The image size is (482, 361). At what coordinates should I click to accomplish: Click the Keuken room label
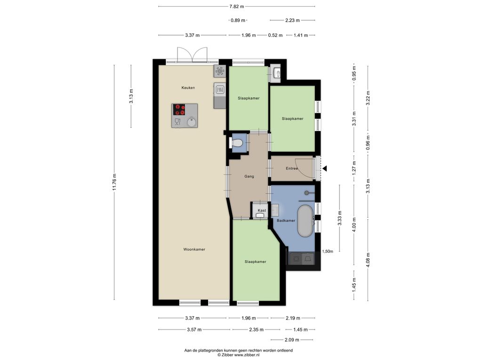(x=188, y=88)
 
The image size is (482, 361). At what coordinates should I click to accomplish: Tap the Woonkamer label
(x=194, y=249)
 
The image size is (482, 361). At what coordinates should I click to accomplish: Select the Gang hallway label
(x=249, y=177)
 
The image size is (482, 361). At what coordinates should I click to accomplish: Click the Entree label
(x=292, y=169)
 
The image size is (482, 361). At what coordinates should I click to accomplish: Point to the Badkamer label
(x=286, y=220)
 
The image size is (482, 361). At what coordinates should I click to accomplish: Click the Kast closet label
(x=262, y=210)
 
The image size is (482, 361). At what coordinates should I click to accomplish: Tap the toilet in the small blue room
(x=236, y=143)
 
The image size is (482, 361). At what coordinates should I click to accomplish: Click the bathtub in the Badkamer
(x=305, y=221)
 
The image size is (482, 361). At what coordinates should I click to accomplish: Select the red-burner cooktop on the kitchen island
(x=179, y=110)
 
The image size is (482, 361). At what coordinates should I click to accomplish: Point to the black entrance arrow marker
(x=324, y=169)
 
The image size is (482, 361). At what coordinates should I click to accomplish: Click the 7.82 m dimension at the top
(x=237, y=6)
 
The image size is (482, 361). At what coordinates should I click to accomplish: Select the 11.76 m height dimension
(x=114, y=182)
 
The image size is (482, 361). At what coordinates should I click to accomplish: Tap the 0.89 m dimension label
(x=238, y=21)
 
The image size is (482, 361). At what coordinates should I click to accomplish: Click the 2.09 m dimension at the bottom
(x=292, y=340)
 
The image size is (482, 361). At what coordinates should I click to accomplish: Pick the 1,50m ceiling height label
(x=328, y=251)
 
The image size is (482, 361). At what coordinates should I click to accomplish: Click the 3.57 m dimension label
(x=194, y=330)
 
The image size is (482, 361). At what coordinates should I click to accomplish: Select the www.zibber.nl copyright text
(x=238, y=355)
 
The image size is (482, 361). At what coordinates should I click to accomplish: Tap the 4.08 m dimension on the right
(x=368, y=259)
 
